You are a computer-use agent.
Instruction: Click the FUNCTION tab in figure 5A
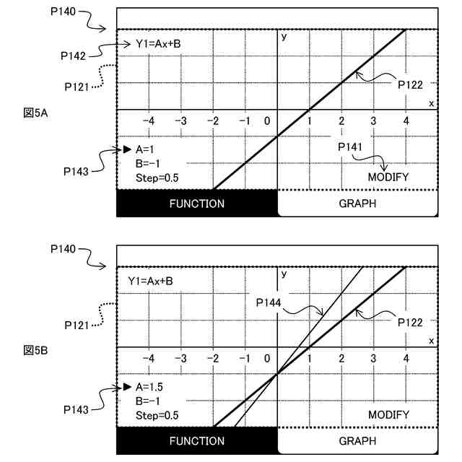(x=196, y=204)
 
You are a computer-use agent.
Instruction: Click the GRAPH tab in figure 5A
(x=357, y=204)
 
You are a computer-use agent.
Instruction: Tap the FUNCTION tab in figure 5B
(x=196, y=440)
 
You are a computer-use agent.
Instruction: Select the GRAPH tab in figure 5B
(x=357, y=440)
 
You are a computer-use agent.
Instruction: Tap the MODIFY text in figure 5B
(x=388, y=415)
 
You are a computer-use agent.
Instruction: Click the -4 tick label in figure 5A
(x=149, y=121)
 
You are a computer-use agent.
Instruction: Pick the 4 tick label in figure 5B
(x=406, y=358)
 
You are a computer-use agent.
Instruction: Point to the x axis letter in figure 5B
(x=432, y=341)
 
